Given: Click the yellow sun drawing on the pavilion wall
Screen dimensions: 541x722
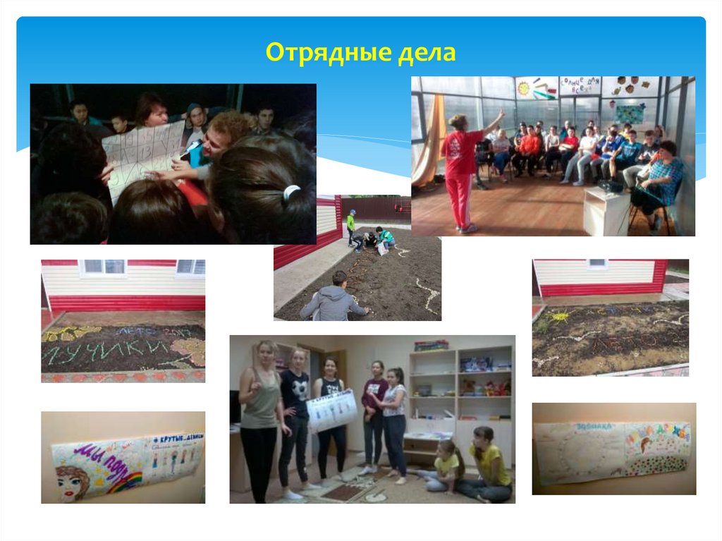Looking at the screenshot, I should [523, 89].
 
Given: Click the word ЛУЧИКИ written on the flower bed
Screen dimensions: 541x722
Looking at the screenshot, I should [106, 351].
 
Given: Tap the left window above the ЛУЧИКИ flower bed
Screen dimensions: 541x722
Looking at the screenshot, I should [102, 267].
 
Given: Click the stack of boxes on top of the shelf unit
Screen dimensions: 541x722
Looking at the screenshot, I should [431, 346].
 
